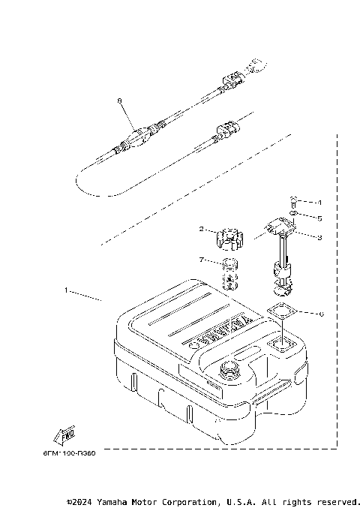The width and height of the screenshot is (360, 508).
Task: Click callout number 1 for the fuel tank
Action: [x=66, y=290]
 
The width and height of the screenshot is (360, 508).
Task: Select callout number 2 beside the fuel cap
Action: [x=202, y=229]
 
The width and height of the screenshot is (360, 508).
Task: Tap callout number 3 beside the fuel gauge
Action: [x=319, y=238]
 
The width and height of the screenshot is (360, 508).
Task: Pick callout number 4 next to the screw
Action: [x=319, y=203]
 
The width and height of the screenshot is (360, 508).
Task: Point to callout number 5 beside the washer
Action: [x=319, y=219]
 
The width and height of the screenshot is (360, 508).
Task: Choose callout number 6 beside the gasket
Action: [x=321, y=314]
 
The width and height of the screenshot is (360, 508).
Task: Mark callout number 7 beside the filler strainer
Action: [x=202, y=260]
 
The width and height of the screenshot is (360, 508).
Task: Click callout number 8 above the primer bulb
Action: [x=119, y=100]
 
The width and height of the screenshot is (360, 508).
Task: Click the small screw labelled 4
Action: [x=293, y=200]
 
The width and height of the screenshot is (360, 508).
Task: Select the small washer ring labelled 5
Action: [x=293, y=214]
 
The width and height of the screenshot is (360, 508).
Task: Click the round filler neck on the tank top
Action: [x=228, y=369]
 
